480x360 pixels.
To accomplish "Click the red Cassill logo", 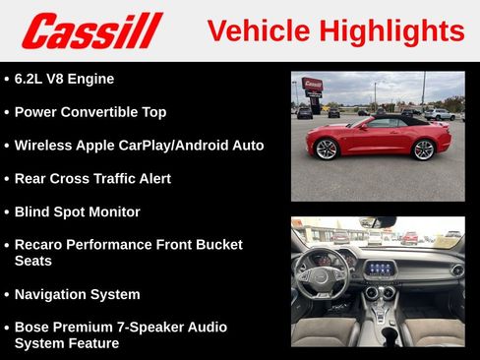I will pyautogui.click(x=91, y=30).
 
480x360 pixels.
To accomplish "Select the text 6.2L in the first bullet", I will pyautogui.click(x=34, y=79).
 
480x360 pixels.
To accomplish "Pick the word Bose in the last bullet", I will pyautogui.click(x=34, y=327).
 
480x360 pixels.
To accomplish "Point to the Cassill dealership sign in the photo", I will pyautogui.click(x=312, y=86).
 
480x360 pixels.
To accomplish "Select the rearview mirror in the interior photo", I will pyautogui.click(x=378, y=222).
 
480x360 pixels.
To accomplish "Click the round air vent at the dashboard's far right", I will pyautogui.click(x=456, y=270).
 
